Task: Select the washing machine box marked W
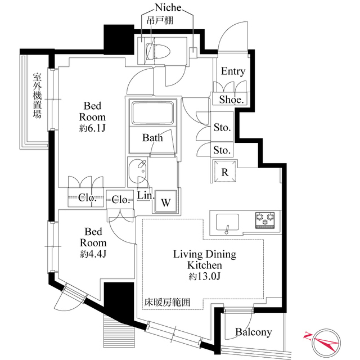pyautogui.click(x=166, y=201)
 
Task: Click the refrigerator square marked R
pyautogui.click(x=225, y=171)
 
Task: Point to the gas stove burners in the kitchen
pyautogui.click(x=265, y=220)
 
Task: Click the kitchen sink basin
pyautogui.click(x=227, y=222)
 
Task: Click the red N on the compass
pyautogui.click(x=308, y=336)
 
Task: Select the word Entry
pyautogui.click(x=233, y=71)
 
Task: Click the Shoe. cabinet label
pyautogui.click(x=231, y=100)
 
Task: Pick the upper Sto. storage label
pyautogui.click(x=222, y=127)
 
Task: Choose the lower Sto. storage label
pyautogui.click(x=222, y=150)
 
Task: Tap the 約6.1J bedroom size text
pyautogui.click(x=92, y=129)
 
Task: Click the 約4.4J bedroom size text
pyautogui.click(x=93, y=254)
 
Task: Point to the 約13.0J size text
pyautogui.click(x=205, y=277)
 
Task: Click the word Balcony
pyautogui.click(x=254, y=332)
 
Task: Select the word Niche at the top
pyautogui.click(x=168, y=7)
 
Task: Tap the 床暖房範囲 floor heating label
pyautogui.click(x=168, y=303)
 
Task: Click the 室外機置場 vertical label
pyautogui.click(x=37, y=96)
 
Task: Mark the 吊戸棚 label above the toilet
pyautogui.click(x=160, y=20)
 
